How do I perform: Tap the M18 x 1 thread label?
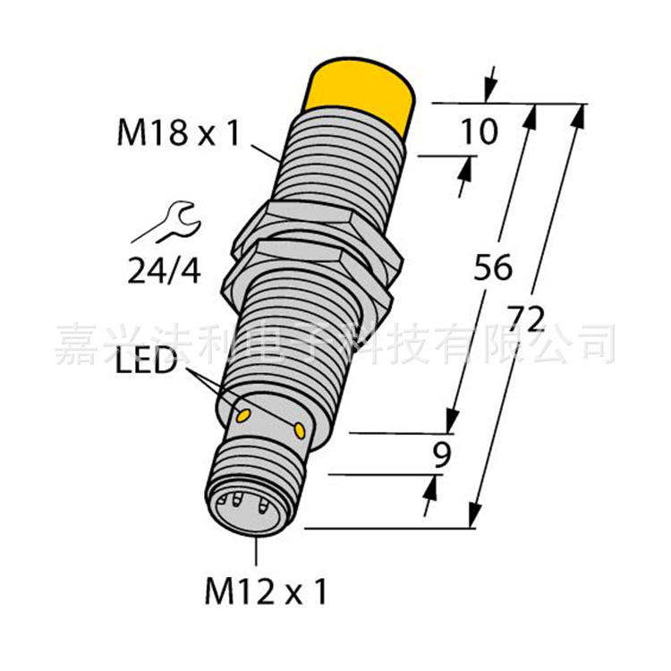pos(179,134)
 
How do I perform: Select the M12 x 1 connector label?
pos(266,591)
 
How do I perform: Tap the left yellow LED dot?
pos(242,413)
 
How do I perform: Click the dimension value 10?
pos(479,133)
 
